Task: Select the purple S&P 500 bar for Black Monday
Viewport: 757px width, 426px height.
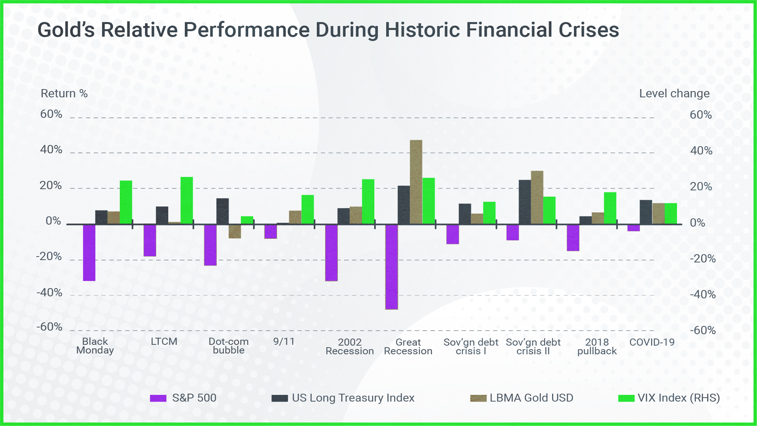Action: coord(89,253)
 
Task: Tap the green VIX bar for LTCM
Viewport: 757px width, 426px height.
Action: coord(187,201)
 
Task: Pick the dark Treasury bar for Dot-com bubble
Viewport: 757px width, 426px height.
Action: coord(222,211)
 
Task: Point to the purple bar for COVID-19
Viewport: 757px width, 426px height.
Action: coord(634,228)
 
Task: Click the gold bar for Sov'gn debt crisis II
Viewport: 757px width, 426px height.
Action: coord(537,197)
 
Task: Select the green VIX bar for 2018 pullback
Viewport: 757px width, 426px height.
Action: coord(610,208)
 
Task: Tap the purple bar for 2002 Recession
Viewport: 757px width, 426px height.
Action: coord(331,253)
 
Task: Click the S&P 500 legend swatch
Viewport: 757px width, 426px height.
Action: coord(158,398)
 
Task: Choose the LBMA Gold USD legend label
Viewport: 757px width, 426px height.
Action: coord(531,398)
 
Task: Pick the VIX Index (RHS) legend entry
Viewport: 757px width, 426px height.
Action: coord(678,398)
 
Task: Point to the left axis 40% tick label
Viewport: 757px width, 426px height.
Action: coord(51,150)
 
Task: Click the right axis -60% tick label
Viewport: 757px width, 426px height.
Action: coord(703,330)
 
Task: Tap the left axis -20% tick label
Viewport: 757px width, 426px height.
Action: coord(49,257)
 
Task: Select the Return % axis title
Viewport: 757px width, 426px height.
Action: coord(64,93)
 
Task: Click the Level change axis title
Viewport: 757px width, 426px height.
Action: coord(674,93)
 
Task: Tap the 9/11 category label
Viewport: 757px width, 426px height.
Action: coord(284,342)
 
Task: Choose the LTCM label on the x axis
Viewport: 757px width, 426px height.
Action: coord(164,342)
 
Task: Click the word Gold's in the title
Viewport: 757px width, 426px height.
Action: coord(66,30)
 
